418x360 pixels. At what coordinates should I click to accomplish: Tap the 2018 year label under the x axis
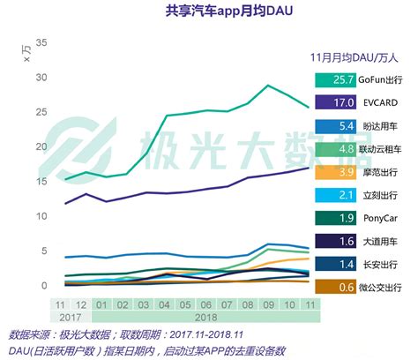(x=205, y=316)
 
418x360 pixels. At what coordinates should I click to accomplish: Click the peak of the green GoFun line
(x=267, y=86)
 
